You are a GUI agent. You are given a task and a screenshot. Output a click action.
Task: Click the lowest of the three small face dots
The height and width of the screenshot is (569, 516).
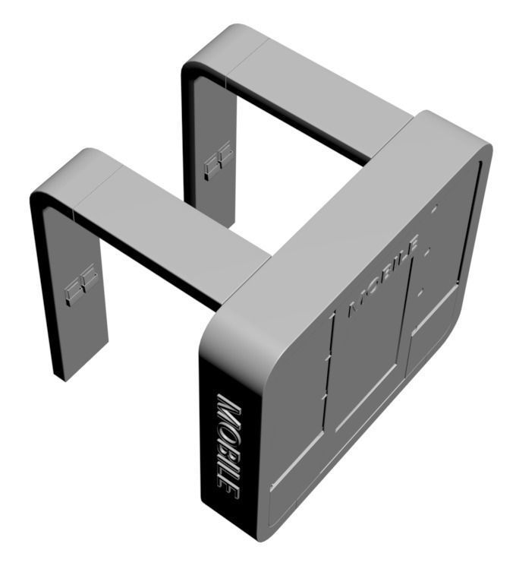point(422,289)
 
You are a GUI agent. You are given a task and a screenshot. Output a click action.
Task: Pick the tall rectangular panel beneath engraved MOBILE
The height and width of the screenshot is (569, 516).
point(368,357)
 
